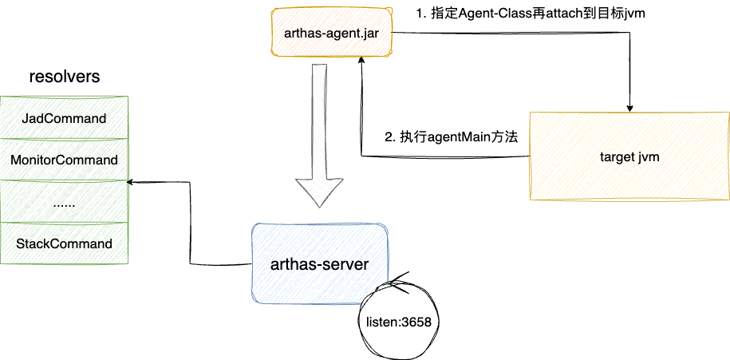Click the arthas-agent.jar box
point(331,33)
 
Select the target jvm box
point(629,156)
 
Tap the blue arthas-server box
point(320,264)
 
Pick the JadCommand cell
point(65,118)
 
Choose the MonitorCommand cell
point(65,160)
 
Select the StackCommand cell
point(65,243)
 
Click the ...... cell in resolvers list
point(65,202)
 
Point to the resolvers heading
point(64,77)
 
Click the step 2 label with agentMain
point(452,136)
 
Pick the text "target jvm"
point(629,156)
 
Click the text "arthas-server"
point(320,264)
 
